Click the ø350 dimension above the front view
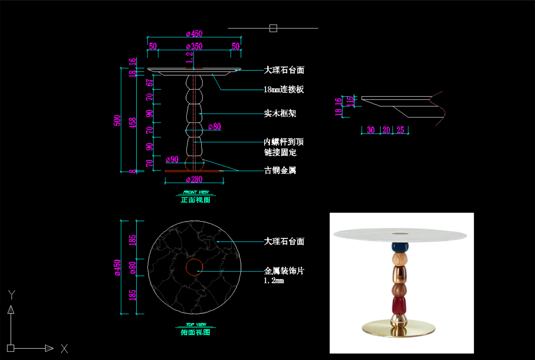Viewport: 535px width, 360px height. tap(194, 46)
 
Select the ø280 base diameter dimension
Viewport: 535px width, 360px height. tap(194, 180)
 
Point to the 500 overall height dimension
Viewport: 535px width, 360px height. tap(117, 120)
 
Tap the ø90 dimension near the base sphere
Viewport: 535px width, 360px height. tap(172, 159)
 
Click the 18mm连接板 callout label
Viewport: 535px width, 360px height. tap(284, 89)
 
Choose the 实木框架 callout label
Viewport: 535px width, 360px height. tap(280, 113)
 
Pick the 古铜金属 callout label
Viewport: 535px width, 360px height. tap(280, 170)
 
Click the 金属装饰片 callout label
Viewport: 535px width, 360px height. tap(284, 271)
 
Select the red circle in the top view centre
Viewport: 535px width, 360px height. tap(194, 267)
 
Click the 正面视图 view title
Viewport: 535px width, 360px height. tap(195, 200)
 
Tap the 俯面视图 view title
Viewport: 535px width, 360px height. tap(195, 332)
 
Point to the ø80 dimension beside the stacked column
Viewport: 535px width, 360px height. tap(215, 126)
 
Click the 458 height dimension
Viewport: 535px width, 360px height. tap(132, 123)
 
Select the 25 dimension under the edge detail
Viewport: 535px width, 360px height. tap(400, 130)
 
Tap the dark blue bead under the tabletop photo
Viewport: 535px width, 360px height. tap(400, 247)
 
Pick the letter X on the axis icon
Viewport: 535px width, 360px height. tap(64, 349)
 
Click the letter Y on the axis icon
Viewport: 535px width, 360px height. tap(12, 294)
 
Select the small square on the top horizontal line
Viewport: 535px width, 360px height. tap(273, 28)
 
